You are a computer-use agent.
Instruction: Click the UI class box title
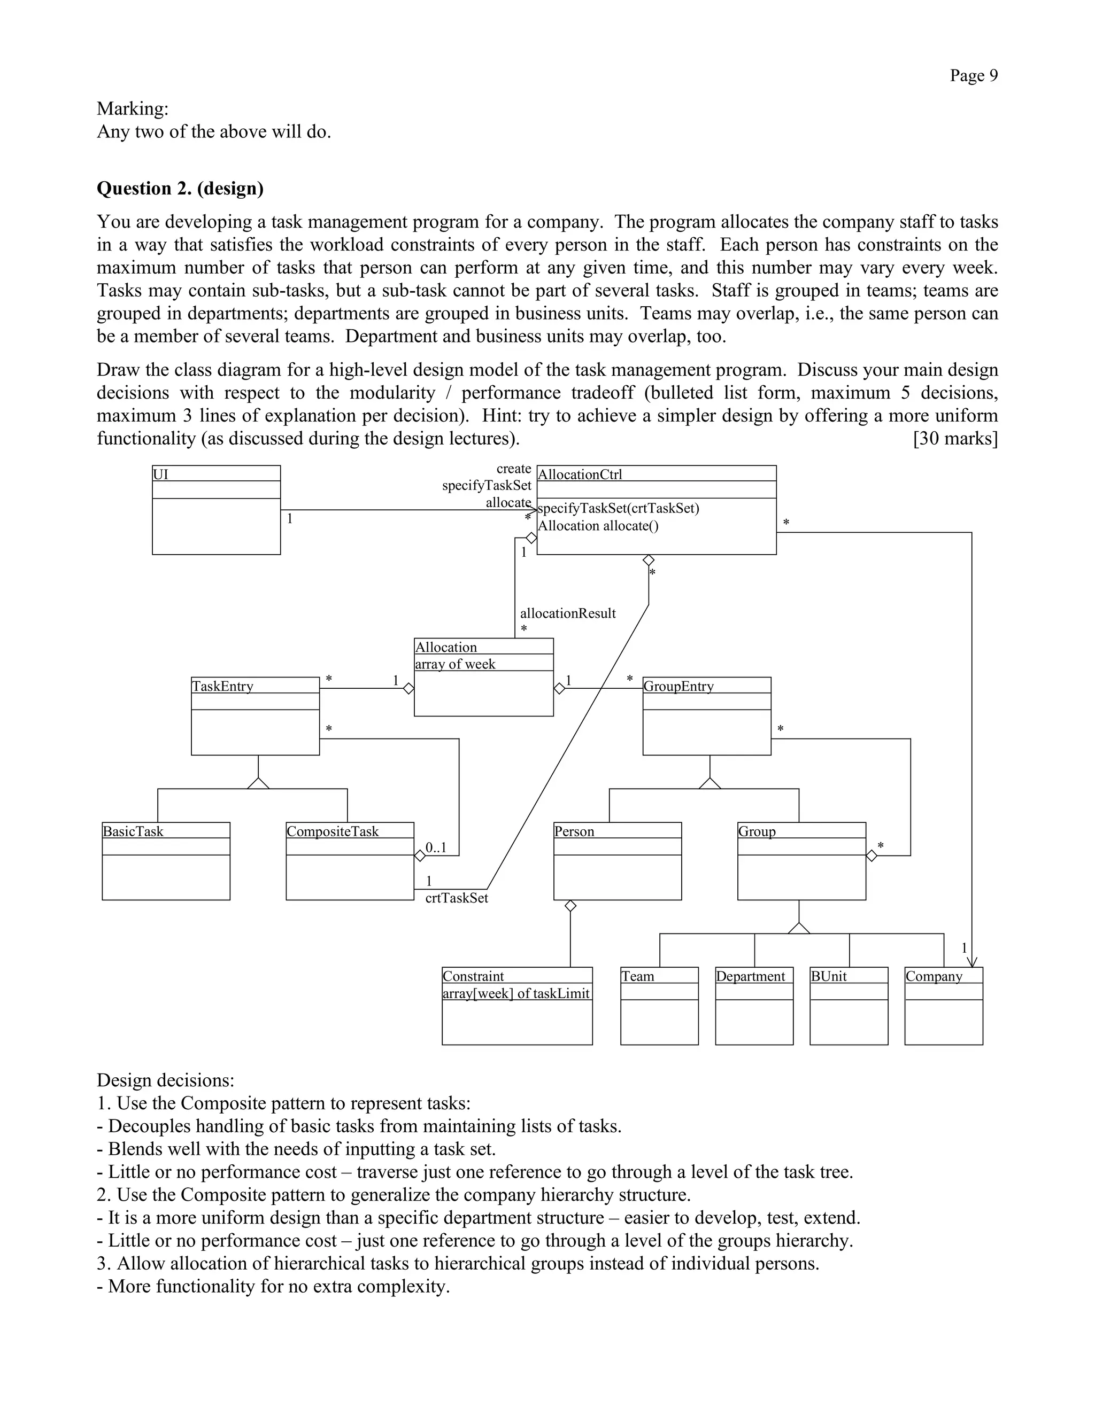(160, 474)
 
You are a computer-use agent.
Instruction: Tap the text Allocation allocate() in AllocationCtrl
(598, 526)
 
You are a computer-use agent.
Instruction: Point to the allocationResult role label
(568, 613)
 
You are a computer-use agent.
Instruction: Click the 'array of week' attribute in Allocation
(455, 664)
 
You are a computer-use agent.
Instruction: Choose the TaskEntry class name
(222, 686)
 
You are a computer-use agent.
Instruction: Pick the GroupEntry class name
(678, 686)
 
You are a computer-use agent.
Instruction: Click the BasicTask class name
(133, 831)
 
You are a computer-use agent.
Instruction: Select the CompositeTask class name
(332, 831)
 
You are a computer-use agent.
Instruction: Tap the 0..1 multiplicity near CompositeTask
(436, 847)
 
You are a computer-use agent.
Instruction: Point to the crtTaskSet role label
(456, 898)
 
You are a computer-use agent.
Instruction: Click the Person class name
(574, 831)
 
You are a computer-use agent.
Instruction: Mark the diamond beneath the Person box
(570, 906)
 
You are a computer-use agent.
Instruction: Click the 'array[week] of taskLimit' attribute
(516, 993)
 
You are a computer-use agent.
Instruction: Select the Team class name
(638, 976)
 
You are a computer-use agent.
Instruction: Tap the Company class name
(934, 976)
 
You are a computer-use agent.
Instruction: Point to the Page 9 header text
(973, 76)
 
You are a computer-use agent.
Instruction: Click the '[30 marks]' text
(955, 439)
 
